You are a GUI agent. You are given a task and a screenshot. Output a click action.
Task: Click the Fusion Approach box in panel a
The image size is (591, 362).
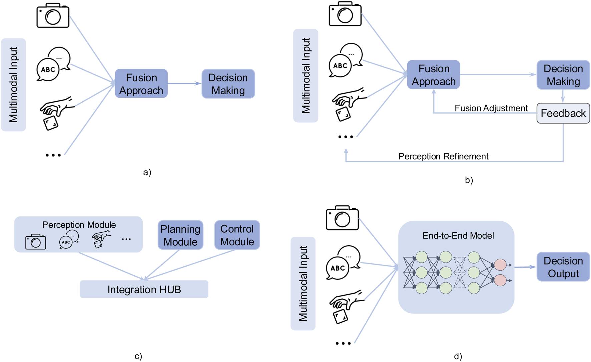(x=141, y=84)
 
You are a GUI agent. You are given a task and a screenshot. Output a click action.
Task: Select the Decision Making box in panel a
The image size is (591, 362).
(x=228, y=84)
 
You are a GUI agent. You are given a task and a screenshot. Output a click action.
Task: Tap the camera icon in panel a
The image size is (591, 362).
(x=53, y=16)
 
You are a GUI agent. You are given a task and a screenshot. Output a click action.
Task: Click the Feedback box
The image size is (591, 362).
(x=563, y=113)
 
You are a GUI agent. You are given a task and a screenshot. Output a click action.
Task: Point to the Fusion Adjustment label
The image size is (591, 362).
(x=491, y=108)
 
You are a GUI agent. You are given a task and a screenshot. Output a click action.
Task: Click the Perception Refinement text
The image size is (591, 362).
(x=443, y=156)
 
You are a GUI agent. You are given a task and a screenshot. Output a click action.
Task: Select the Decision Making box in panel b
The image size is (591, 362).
(x=563, y=75)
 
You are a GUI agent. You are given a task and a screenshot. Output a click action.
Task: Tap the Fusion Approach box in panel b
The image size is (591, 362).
(x=433, y=75)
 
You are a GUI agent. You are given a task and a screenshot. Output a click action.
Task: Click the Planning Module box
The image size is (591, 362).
(x=180, y=235)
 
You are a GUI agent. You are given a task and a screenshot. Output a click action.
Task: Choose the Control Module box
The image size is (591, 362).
(x=237, y=235)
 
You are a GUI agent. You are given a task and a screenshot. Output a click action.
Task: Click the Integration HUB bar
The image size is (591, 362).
(x=144, y=289)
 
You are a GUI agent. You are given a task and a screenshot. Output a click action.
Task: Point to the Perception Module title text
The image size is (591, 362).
(x=79, y=225)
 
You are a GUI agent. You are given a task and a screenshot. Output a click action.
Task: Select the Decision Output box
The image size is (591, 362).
(x=563, y=267)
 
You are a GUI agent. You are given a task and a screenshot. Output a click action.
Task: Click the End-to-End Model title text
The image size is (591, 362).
(x=458, y=236)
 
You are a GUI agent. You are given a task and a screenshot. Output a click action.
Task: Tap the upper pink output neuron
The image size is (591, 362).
(x=500, y=265)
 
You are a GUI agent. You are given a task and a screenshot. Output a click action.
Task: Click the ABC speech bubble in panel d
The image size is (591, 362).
(x=342, y=263)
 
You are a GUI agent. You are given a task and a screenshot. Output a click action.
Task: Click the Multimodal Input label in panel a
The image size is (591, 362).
(x=13, y=85)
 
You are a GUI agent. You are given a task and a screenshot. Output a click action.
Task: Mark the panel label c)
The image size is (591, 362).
(x=138, y=356)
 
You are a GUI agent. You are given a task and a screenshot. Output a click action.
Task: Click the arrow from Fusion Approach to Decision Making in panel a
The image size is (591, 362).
(x=184, y=83)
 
